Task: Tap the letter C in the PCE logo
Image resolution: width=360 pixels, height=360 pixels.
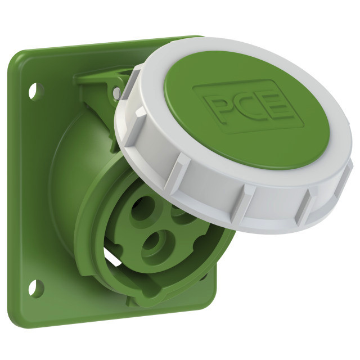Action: (x=245, y=106)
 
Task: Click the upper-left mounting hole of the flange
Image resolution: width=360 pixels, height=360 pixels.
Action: (x=36, y=91)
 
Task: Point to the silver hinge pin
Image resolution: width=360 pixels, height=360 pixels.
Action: (x=116, y=92)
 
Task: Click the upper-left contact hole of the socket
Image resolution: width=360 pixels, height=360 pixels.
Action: (x=144, y=209)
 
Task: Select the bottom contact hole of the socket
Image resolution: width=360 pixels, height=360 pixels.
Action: (x=159, y=244)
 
